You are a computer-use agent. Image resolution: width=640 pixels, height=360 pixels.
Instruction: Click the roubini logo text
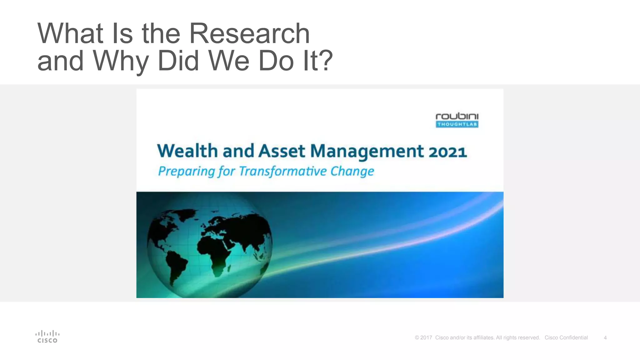click(457, 117)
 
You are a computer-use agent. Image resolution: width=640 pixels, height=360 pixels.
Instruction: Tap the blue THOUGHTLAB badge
click(457, 124)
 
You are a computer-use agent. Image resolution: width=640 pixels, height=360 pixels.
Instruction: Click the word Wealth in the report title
click(187, 151)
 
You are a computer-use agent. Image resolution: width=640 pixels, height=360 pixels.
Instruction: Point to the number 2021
click(447, 152)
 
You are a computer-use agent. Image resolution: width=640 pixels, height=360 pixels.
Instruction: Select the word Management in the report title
click(367, 152)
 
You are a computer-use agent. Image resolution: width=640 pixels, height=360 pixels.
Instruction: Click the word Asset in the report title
click(281, 151)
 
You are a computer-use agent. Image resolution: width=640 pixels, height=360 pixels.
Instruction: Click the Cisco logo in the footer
click(47, 337)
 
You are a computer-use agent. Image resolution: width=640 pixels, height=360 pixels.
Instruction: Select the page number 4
click(605, 338)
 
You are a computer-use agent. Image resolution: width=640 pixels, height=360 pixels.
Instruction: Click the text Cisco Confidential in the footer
click(566, 338)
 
